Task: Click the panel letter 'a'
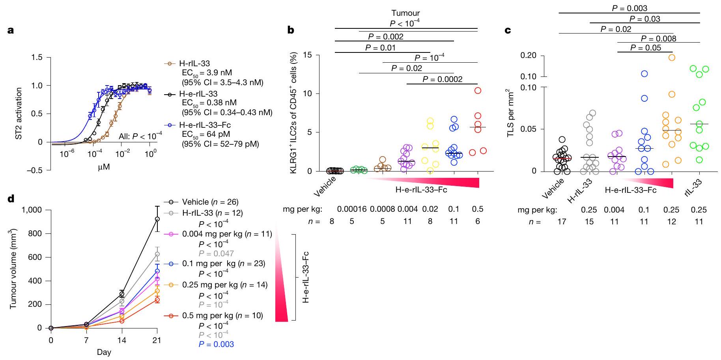11,30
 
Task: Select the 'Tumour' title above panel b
405,13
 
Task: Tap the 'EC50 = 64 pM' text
205,134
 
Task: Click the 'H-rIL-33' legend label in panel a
194,63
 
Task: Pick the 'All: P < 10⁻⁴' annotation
140,136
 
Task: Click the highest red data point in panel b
478,91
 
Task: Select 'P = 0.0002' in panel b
443,79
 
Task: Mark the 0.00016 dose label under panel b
351,209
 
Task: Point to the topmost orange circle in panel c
671,58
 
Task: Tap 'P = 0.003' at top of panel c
629,8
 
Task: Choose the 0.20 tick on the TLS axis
529,55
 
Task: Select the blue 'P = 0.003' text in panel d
217,344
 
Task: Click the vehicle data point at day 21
157,219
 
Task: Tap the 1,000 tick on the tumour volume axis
31,210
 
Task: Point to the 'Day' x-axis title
104,352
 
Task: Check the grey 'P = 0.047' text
217,254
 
